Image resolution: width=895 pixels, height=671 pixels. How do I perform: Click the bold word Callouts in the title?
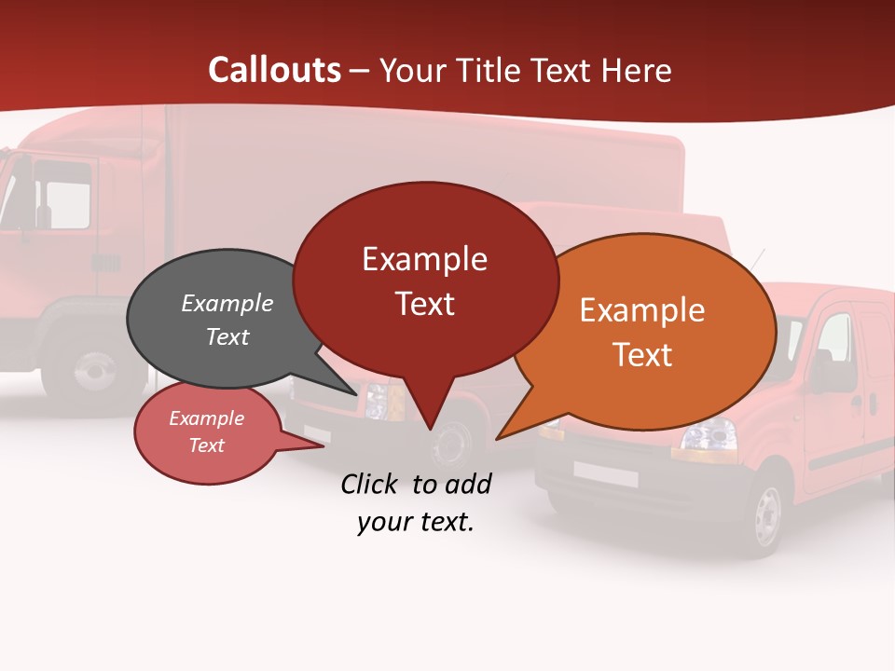pos(274,70)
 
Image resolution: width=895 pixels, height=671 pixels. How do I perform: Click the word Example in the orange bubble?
pos(641,310)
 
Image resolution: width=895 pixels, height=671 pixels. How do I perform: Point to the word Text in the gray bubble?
pos(227,336)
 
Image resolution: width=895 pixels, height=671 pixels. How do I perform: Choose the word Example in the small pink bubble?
pos(206,418)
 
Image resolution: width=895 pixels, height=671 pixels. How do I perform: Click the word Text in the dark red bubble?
pos(424,303)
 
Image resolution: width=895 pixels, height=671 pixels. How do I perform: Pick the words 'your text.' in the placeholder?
pos(415,522)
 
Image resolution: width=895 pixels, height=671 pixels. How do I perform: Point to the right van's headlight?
pos(706,434)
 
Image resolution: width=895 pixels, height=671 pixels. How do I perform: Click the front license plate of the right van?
pos(605,474)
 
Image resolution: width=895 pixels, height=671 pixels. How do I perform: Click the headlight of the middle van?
pos(377,403)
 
